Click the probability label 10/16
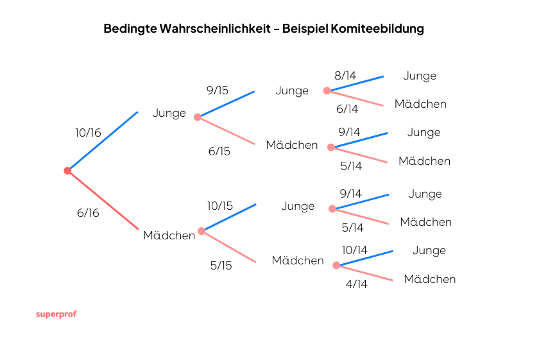pos(88,133)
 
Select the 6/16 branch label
pos(88,213)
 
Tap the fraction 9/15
pos(218,90)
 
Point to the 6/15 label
pos(219,151)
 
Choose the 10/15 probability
pos(219,206)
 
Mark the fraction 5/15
pos(221,265)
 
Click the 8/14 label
pos(345,76)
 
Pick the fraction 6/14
pos(346,109)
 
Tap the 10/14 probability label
pos(354,250)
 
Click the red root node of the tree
pos(67,171)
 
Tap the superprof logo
pos(56,314)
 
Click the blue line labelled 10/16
pos(103,141)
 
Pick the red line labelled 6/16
pos(103,200)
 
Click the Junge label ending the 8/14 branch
pos(420,76)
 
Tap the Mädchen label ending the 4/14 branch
pos(430,279)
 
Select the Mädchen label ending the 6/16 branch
pos(169,236)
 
